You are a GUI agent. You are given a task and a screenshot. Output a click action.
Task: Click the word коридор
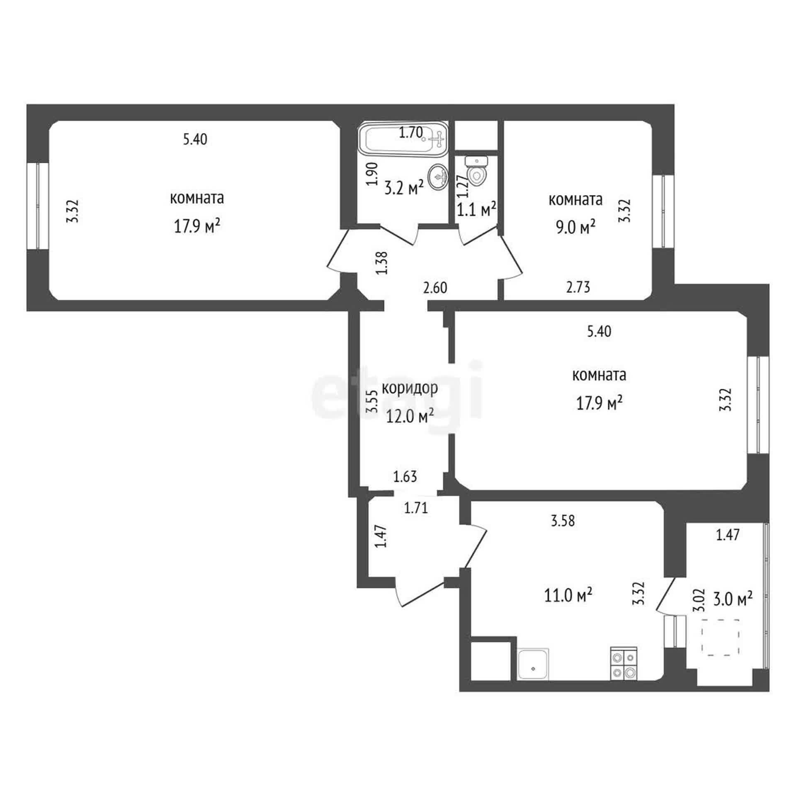tap(410, 389)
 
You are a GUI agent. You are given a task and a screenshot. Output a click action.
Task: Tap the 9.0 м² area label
tap(576, 227)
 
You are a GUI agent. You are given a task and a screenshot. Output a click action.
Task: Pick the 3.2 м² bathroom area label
tap(404, 188)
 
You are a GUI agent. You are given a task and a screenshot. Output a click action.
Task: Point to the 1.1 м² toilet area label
tap(477, 210)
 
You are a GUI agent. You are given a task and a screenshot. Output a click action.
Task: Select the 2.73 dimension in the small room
tap(578, 287)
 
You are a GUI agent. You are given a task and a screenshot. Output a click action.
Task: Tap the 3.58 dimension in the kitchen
tap(563, 521)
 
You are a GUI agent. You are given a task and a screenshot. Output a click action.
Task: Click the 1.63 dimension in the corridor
tap(405, 477)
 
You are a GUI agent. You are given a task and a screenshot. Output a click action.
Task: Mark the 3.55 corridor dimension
tap(372, 401)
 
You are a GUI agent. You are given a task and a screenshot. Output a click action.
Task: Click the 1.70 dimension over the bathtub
tap(411, 133)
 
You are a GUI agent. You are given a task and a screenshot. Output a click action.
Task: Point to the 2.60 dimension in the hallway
tap(435, 288)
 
